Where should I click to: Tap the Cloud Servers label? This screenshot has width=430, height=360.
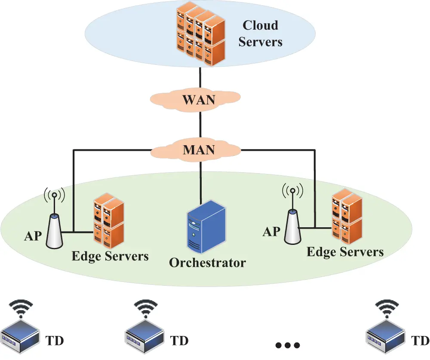click(260, 33)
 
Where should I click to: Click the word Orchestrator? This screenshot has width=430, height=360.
click(207, 262)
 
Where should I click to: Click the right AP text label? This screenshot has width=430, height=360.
click(271, 232)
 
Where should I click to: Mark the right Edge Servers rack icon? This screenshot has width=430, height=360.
click(347, 217)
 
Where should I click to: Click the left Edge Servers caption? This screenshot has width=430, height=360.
click(110, 256)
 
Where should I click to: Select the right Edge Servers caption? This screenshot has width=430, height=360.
click(345, 251)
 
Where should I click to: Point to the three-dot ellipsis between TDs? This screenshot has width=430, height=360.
click(287, 345)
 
